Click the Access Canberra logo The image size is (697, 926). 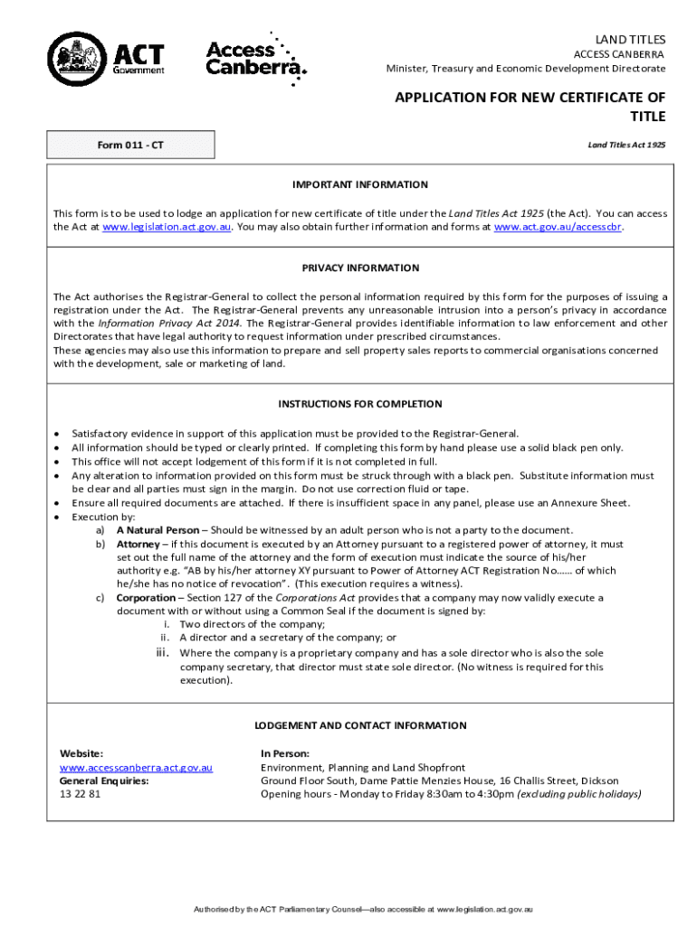pyautogui.click(x=256, y=57)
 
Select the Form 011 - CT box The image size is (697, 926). pyautogui.click(x=132, y=145)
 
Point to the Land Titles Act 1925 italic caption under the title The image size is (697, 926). pyautogui.click(x=626, y=145)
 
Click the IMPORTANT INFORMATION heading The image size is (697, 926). pyautogui.click(x=360, y=184)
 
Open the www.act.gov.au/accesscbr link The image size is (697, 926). pyautogui.click(x=558, y=227)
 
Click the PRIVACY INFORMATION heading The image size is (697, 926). pyautogui.click(x=360, y=268)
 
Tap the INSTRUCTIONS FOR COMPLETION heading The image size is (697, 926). pyautogui.click(x=360, y=404)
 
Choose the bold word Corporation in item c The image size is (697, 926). pyautogui.click(x=146, y=598)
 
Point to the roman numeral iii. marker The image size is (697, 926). pyautogui.click(x=164, y=652)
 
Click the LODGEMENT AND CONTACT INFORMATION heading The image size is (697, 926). pyautogui.click(x=360, y=725)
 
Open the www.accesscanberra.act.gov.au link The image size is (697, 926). pyautogui.click(x=136, y=768)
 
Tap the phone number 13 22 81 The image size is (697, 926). pyautogui.click(x=80, y=794)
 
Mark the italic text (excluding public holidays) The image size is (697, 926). pyautogui.click(x=578, y=794)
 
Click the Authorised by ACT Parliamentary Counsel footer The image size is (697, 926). pyautogui.click(x=360, y=907)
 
